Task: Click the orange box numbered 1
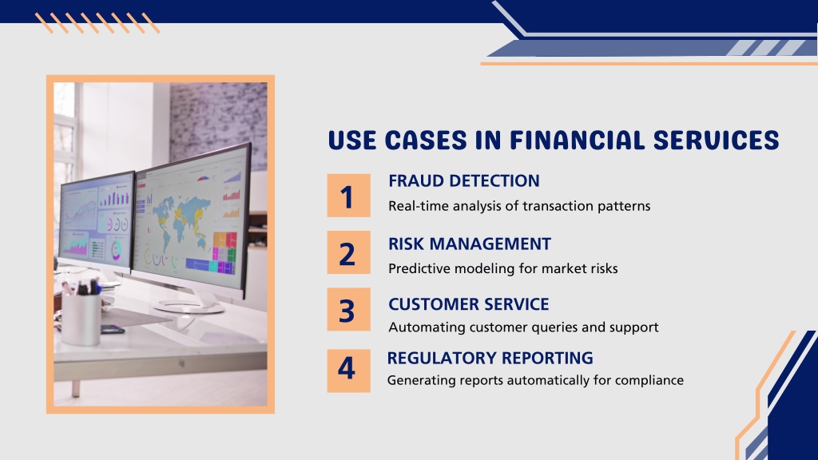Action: pos(348,196)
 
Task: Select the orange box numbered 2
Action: pos(348,252)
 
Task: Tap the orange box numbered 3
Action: pos(348,309)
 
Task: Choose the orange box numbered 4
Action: pos(348,371)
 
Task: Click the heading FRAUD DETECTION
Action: pos(464,181)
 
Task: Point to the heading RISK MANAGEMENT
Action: pos(470,244)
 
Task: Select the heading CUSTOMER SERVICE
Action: pos(468,304)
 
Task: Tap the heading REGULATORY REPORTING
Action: pos(490,358)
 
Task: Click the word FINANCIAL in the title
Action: pos(577,141)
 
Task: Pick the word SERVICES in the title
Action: pos(716,141)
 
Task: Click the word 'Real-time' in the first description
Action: pos(419,206)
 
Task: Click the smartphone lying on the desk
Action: pos(113,329)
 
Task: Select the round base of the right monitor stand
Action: pos(188,306)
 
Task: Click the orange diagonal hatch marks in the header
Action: pos(97,23)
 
